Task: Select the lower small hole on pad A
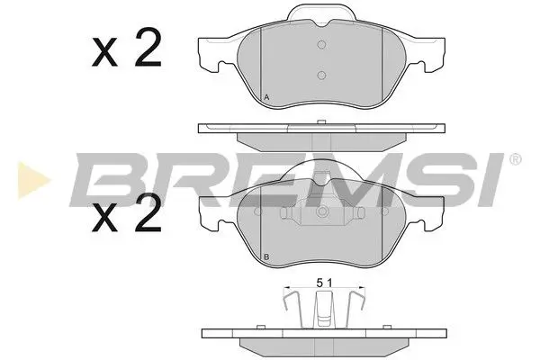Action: coord(320,76)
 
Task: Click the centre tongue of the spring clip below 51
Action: coord(320,315)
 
